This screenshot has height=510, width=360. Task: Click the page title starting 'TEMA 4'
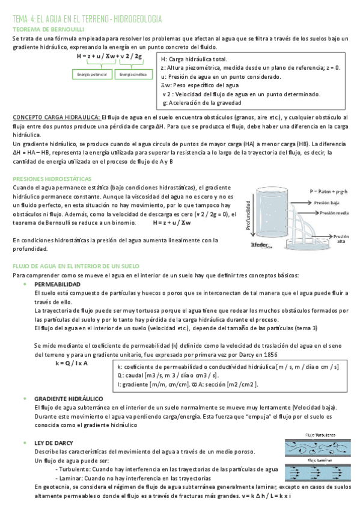click(x=90, y=19)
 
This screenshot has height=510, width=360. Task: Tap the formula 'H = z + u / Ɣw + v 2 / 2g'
click(x=109, y=57)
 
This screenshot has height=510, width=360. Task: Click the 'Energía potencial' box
click(x=93, y=74)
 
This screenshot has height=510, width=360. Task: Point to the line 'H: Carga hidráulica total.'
click(x=194, y=60)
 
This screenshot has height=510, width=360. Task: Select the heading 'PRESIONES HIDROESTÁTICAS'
click(x=52, y=179)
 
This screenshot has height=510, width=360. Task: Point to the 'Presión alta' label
click(x=340, y=239)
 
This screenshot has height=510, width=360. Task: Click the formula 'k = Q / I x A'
click(x=72, y=363)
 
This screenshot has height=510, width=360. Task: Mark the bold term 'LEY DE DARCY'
click(x=54, y=442)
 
